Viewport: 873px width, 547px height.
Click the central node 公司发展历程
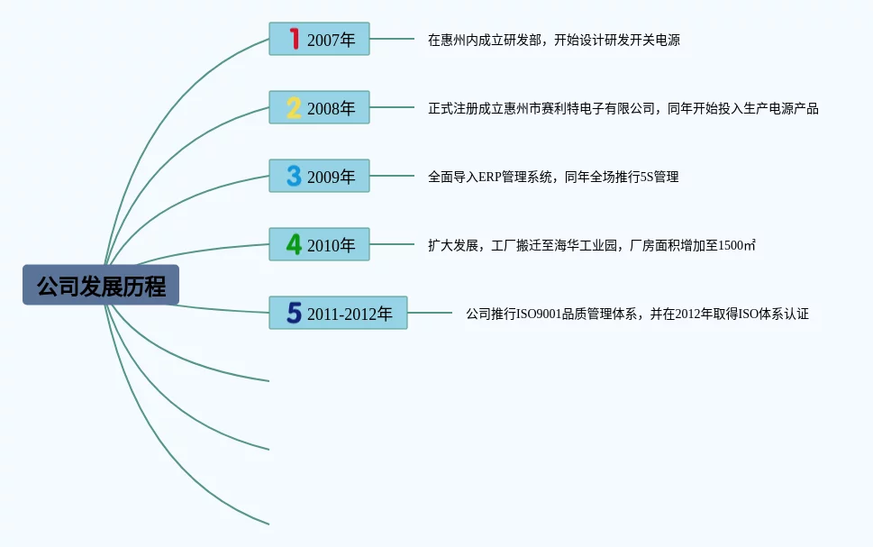pyautogui.click(x=101, y=286)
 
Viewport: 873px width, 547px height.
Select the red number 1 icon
pyautogui.click(x=294, y=39)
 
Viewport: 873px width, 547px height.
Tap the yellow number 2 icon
pyautogui.click(x=294, y=108)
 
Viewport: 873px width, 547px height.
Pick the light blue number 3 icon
pyautogui.click(x=294, y=176)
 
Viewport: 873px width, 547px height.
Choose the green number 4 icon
pyautogui.click(x=294, y=244)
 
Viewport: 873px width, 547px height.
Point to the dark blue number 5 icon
pyautogui.click(x=294, y=313)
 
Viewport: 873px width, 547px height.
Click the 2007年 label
pyautogui.click(x=331, y=40)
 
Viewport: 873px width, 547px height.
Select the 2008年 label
pyautogui.click(x=331, y=108)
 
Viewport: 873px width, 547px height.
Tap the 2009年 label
pyautogui.click(x=331, y=177)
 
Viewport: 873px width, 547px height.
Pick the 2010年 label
pyautogui.click(x=331, y=245)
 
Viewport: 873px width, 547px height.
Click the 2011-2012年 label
pyautogui.click(x=350, y=314)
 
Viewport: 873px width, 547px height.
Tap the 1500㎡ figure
pyautogui.click(x=737, y=245)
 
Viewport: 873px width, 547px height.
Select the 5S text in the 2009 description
pyautogui.click(x=645, y=177)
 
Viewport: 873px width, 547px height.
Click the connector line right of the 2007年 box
pyautogui.click(x=392, y=39)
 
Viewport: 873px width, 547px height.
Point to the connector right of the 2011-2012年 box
pyautogui.click(x=430, y=313)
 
